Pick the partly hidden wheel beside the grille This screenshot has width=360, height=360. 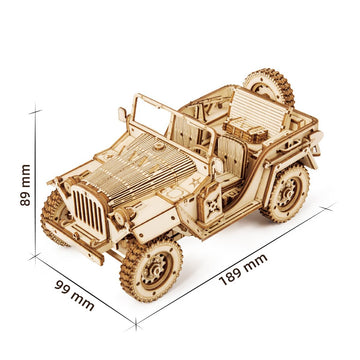(x=54, y=216)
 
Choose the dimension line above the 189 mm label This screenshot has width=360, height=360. (x=235, y=262)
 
